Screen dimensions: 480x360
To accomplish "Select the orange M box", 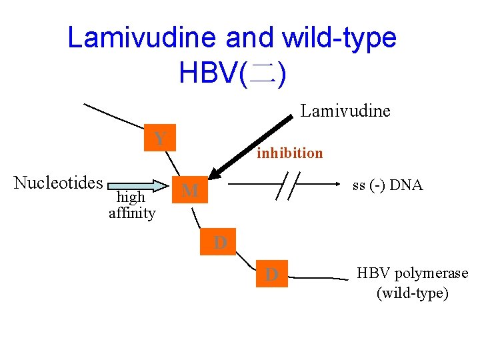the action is (x=190, y=191).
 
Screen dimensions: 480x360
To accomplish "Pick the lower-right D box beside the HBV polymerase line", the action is (x=271, y=274).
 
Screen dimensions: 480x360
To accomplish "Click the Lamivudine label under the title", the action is (x=345, y=111).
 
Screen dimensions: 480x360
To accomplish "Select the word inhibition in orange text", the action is (x=290, y=153).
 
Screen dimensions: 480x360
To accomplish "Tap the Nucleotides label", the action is (x=58, y=183).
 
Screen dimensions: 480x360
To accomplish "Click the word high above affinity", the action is (x=131, y=197).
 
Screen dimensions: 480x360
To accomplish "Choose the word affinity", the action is (x=132, y=213).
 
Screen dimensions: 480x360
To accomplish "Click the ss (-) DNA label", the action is (x=387, y=185).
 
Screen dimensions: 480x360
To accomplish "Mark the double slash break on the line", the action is (x=289, y=185).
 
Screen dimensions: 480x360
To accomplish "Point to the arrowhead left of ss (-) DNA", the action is (x=338, y=185).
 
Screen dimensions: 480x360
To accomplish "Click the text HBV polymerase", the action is (x=412, y=273).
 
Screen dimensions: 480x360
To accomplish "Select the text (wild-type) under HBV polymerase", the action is (x=412, y=293).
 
